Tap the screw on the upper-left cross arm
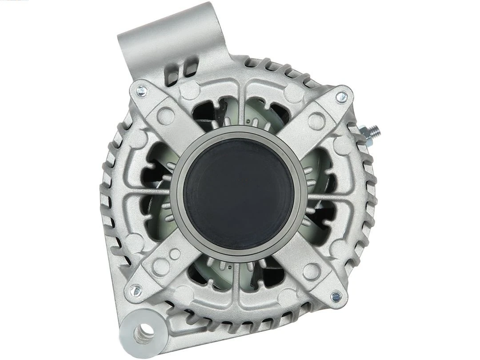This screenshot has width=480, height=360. click(141, 92)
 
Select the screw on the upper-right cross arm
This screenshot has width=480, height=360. click(341, 96)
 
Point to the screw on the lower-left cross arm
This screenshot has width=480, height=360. click(136, 292)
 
